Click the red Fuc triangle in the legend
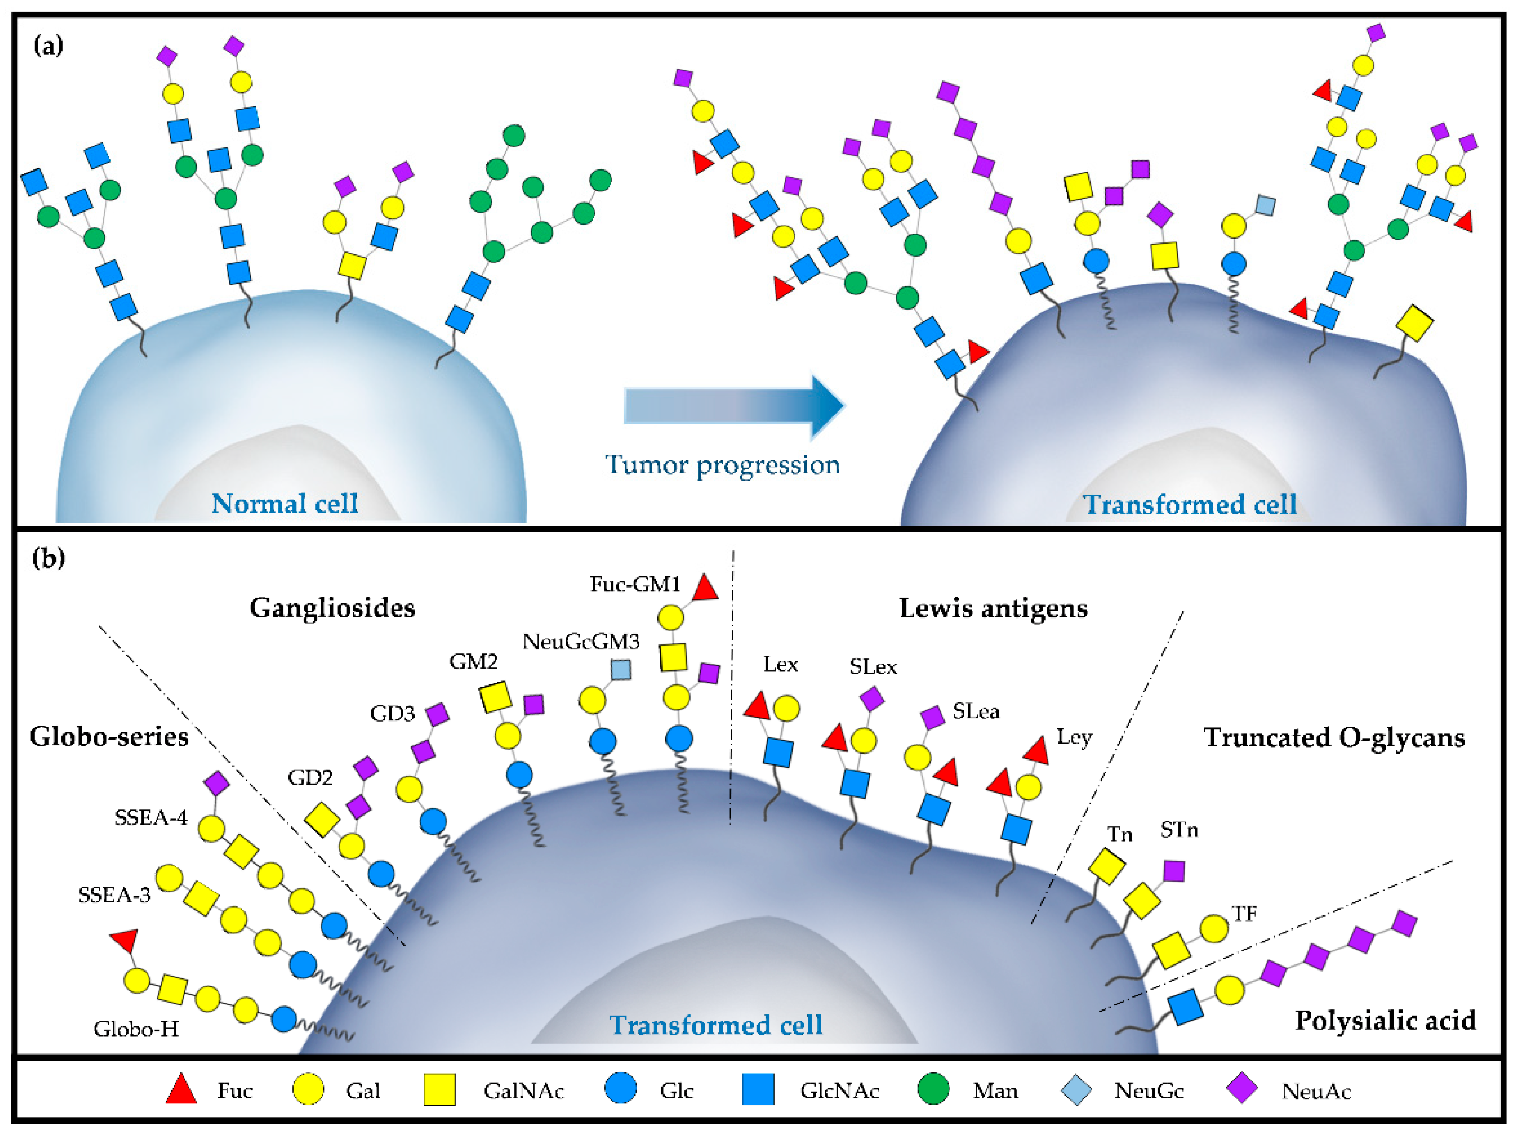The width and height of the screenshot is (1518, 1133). coord(182,1090)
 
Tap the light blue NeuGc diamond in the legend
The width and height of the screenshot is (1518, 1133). coord(1076,1090)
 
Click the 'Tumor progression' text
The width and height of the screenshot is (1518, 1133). coord(722,466)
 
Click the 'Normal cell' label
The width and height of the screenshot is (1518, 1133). coord(285,503)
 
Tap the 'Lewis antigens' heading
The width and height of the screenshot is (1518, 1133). coord(993,608)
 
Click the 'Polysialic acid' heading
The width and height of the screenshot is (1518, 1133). coord(1385,1021)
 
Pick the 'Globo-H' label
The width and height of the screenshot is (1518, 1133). coord(136,1029)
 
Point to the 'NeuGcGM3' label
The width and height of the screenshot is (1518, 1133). coord(581,642)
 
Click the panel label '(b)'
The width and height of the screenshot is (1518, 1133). coord(49,558)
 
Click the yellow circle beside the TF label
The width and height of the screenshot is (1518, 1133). coord(1213,929)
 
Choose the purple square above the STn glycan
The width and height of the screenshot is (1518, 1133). coord(1174,871)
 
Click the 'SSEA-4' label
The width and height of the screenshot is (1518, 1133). coord(151,818)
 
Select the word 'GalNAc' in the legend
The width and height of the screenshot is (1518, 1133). coord(523,1090)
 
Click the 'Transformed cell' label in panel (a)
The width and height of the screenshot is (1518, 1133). coord(1189,505)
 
